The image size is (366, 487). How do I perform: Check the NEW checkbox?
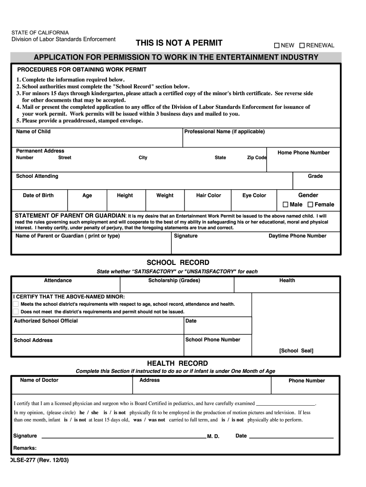point(277,46)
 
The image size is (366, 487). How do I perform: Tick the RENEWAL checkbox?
point(302,46)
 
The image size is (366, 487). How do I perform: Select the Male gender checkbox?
point(286,205)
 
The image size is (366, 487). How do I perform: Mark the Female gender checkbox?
point(310,205)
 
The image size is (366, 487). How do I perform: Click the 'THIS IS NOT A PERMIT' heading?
point(179,43)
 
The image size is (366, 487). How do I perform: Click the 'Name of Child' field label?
point(33,132)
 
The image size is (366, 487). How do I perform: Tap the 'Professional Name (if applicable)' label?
point(224,132)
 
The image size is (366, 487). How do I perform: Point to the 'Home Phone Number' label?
point(303,153)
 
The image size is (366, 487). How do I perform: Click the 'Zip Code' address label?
point(257,158)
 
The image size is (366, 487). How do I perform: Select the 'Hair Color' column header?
point(209,195)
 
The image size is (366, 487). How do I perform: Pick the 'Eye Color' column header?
point(254,195)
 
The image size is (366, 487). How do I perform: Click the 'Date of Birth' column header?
point(39,195)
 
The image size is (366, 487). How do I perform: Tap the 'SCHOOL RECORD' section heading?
point(178,263)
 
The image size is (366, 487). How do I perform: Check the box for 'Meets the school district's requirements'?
point(16,304)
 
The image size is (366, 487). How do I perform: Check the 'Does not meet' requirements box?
point(16,312)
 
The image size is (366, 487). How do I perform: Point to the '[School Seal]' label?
point(296,351)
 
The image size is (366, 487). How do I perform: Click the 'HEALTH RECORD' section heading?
point(177,363)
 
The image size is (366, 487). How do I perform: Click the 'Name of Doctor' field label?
point(39,380)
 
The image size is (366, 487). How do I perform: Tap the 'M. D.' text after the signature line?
point(213,437)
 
